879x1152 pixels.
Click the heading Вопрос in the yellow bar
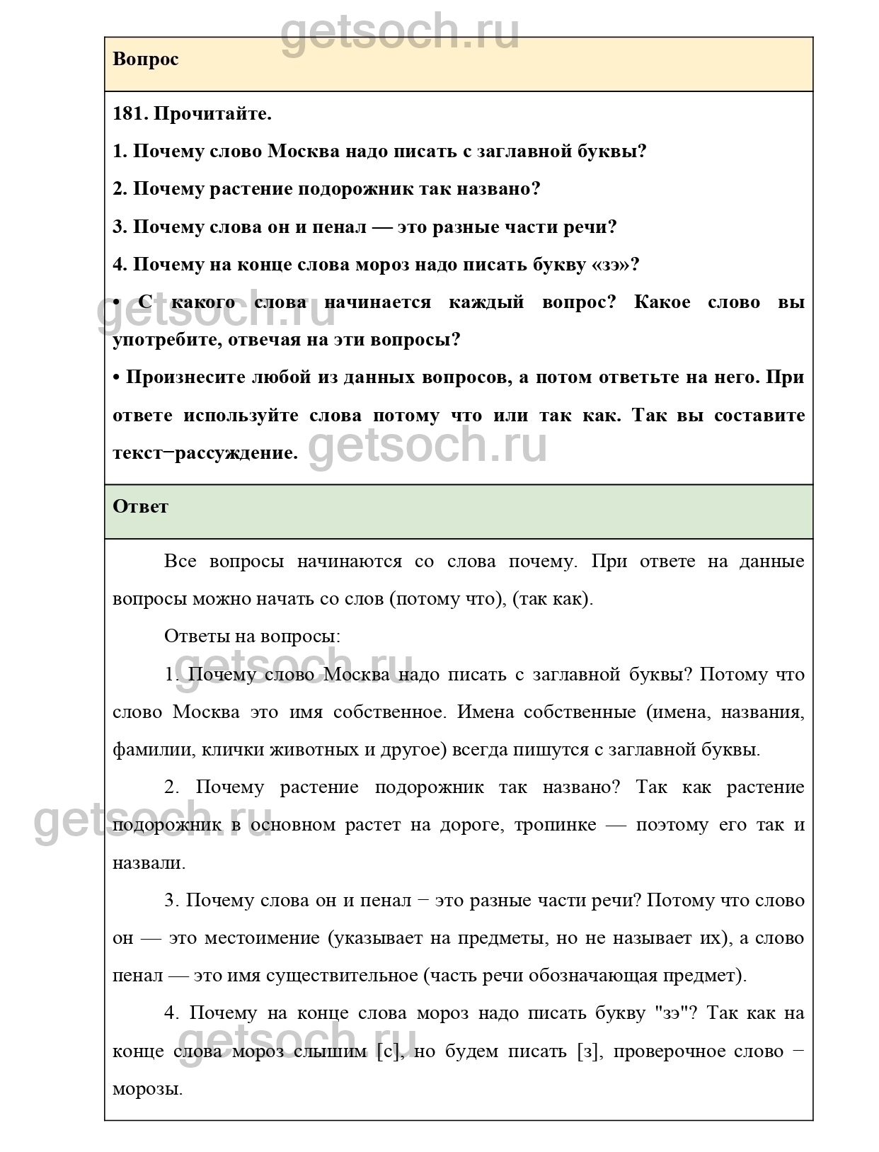[145, 59]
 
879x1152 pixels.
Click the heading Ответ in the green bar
[140, 507]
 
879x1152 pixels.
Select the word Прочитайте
[212, 113]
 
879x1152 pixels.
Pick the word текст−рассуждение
[205, 453]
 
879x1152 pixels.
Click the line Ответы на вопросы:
[252, 637]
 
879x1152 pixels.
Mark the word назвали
[149, 863]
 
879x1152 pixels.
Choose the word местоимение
[262, 938]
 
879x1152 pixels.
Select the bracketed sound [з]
[589, 1051]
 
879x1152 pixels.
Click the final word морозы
[147, 1089]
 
